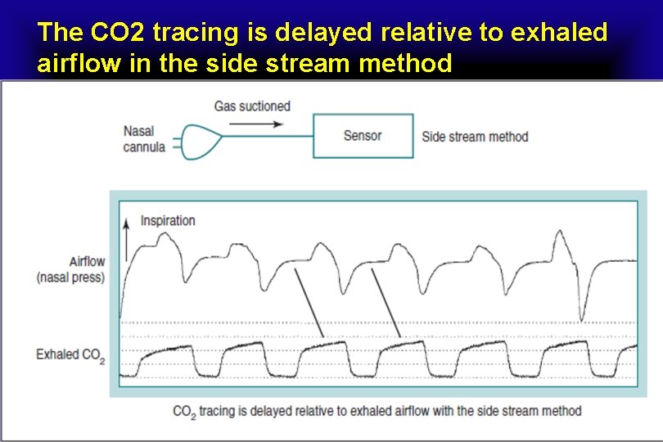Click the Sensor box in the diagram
(x=363, y=136)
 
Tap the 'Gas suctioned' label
(x=252, y=106)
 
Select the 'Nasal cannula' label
(x=144, y=139)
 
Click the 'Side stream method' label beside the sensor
(x=475, y=137)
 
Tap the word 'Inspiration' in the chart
(x=168, y=220)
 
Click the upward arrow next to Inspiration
(x=126, y=233)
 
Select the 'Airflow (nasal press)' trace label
(x=71, y=269)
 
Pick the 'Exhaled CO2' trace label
(x=70, y=355)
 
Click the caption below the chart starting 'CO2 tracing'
(x=377, y=411)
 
